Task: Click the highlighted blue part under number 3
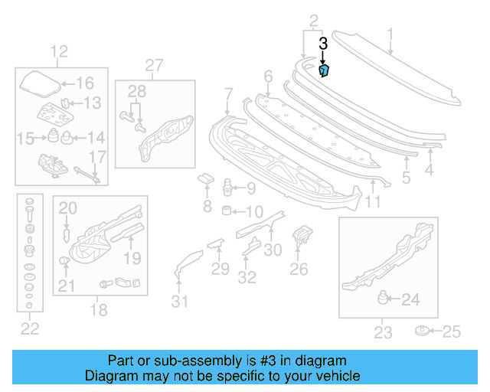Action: pos(323,71)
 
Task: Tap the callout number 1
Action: pos(390,34)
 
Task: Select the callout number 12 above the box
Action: pos(59,52)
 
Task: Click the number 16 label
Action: pos(84,83)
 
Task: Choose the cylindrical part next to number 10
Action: pos(227,211)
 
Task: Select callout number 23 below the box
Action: pos(382,332)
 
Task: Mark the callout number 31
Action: pos(179,301)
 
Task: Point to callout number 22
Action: pos(29,329)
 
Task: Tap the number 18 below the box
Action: pos(99,310)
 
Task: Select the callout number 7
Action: pos(227,94)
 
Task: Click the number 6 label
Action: pos(268,76)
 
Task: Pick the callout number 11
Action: pos(372,201)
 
